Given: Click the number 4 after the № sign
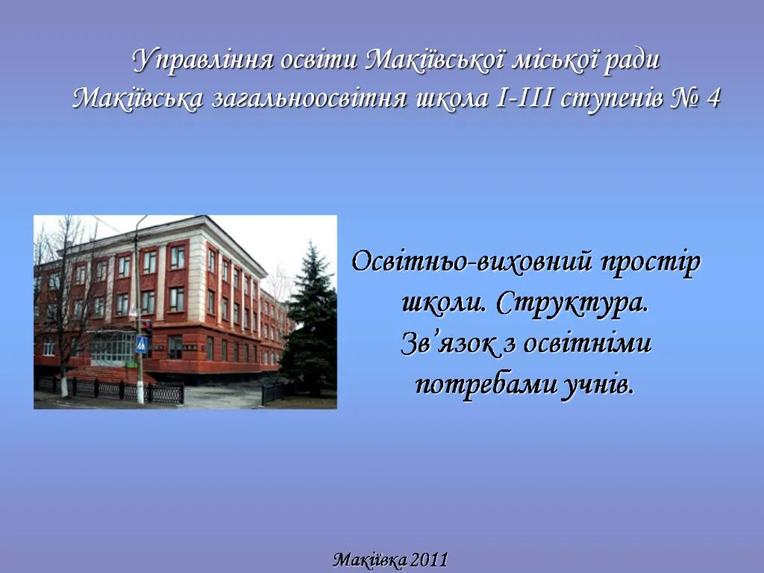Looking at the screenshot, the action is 713,99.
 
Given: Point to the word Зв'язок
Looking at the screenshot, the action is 448,343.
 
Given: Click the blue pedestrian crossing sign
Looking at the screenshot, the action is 141,344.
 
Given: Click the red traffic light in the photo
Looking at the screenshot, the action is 147,325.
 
